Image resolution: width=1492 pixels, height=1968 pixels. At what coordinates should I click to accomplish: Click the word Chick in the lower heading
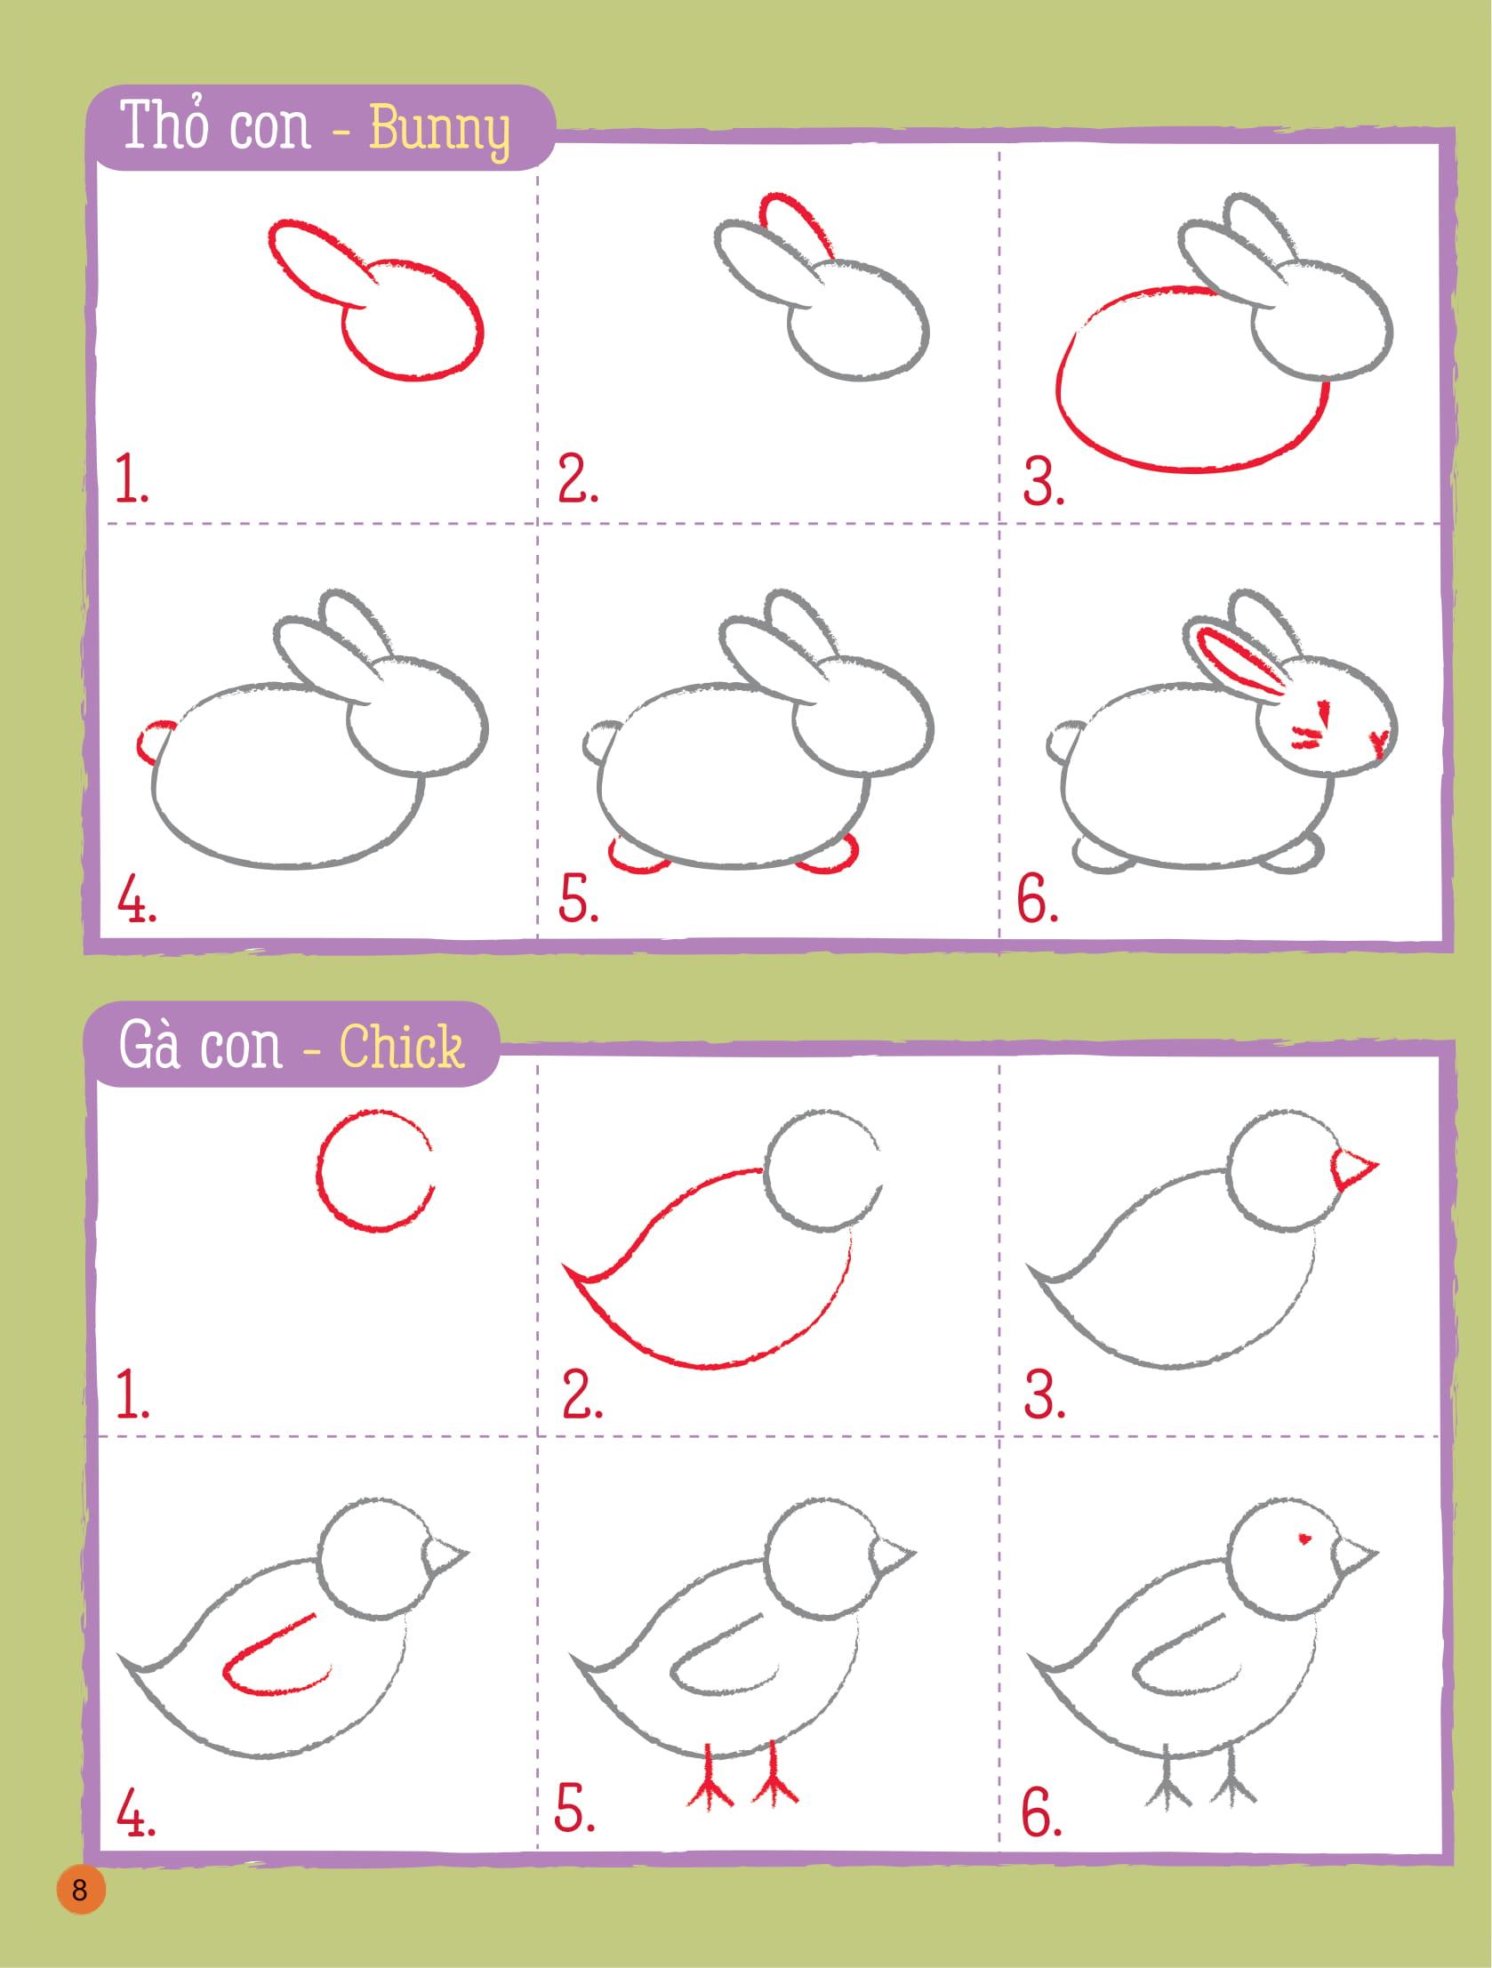coord(401,1047)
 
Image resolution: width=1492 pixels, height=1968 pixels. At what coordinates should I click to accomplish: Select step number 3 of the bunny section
coord(1044,482)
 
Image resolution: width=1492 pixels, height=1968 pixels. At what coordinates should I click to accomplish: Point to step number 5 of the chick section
coord(575,1808)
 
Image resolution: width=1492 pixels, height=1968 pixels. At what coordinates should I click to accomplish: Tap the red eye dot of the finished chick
coord(1306,1538)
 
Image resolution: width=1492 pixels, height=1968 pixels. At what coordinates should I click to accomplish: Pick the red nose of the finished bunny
coord(1380,743)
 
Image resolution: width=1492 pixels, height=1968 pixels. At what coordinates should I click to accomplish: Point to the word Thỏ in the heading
coord(161,125)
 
